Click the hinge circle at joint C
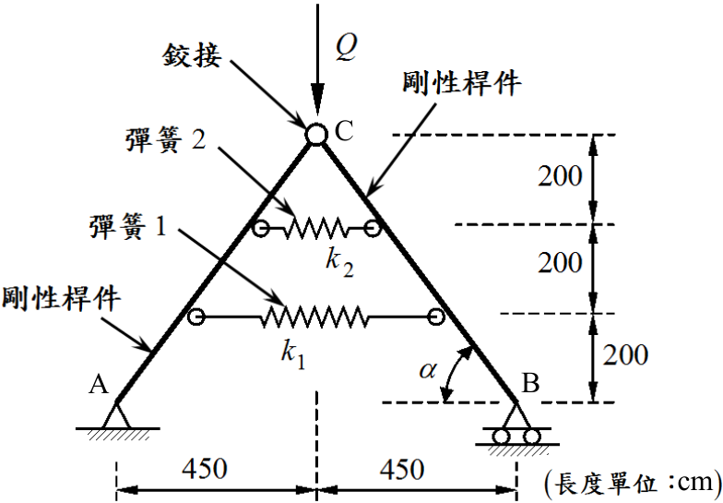316,135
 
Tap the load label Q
345,48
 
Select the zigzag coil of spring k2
316,228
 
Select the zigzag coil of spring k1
315,317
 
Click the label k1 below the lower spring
293,356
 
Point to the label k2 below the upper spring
339,264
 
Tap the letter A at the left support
98,384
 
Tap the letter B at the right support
530,382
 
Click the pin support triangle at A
116,415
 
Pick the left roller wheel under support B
502,437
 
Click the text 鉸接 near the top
192,55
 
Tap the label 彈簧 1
127,227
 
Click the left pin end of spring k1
196,317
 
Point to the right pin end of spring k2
373,227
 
